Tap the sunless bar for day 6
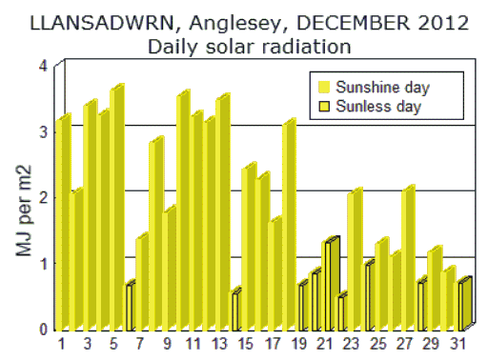click(x=130, y=307)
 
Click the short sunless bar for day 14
click(x=235, y=310)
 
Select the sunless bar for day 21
click(x=329, y=284)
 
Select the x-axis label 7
click(x=141, y=341)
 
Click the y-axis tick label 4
click(x=42, y=65)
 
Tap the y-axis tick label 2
click(x=42, y=196)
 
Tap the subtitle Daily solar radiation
click(x=243, y=45)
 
